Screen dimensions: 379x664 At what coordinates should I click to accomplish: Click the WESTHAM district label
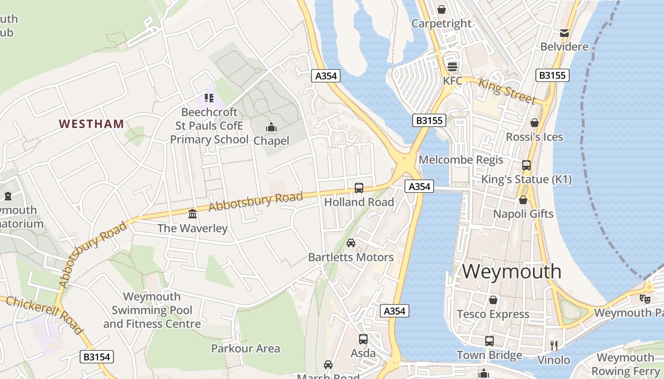[92, 124]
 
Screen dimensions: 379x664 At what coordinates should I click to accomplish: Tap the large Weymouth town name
[512, 271]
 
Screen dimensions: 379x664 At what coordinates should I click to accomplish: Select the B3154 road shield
[97, 357]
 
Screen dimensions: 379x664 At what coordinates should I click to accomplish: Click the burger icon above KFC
[452, 66]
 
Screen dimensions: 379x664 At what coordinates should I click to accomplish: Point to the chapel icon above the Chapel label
[271, 127]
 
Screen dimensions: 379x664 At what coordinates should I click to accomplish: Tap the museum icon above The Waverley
[193, 214]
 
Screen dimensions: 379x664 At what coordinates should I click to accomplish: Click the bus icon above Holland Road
[359, 188]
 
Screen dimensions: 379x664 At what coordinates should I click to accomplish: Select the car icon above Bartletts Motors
[351, 243]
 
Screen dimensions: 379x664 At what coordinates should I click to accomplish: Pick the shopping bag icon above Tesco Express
[493, 300]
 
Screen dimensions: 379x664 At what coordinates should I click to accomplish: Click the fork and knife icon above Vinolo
[553, 345]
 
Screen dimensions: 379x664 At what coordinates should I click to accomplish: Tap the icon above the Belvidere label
[564, 33]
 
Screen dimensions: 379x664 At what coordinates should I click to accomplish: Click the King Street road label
[507, 91]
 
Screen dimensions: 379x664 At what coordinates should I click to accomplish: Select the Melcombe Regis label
[461, 160]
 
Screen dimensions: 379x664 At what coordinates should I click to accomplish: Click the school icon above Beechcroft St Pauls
[209, 98]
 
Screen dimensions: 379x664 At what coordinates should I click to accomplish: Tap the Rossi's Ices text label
[535, 137]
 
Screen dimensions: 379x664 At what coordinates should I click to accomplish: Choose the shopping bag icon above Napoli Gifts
[523, 200]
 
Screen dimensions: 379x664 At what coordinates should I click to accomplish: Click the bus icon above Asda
[363, 339]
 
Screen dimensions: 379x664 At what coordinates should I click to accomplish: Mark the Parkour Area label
[246, 349]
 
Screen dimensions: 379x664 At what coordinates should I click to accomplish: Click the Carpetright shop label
[442, 23]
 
